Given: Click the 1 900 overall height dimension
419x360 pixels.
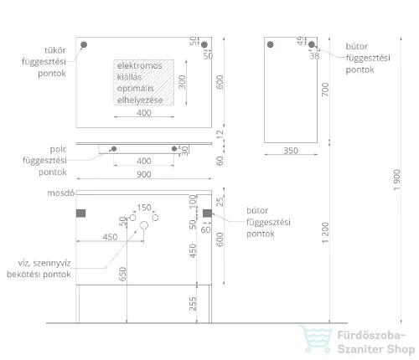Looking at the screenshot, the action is coord(396,180).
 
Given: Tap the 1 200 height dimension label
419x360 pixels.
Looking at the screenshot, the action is coord(325,233).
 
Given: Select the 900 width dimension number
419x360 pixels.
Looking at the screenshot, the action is coord(144,174).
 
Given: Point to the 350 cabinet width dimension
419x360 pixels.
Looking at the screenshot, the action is coord(291,151).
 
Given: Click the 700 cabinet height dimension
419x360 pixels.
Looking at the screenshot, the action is coord(325,90).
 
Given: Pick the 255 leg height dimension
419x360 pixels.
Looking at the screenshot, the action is coord(193,304).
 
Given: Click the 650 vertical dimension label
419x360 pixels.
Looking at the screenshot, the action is coord(122,274).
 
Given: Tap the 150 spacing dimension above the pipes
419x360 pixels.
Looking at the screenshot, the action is coord(144,208).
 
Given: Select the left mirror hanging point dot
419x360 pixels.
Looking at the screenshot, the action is coord(84,44).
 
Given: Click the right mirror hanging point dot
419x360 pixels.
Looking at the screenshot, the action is coord(204,44).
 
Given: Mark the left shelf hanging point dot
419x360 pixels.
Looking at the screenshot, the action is coord(114,149).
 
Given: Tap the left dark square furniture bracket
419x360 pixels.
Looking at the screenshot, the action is coord(80,213).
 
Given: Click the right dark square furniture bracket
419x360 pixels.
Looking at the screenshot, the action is coord(207,213).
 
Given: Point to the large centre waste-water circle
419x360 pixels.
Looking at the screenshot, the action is coord(144,225).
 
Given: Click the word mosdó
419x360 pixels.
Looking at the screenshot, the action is coord(61,193).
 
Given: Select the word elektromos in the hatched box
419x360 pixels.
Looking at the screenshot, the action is coord(139,65).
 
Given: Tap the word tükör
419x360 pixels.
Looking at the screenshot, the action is coord(55,50).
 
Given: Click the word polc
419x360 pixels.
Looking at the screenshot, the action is coord(58,149).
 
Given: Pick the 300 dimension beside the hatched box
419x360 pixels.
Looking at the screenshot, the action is coord(182,82).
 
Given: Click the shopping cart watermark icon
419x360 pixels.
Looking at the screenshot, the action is coord(315,338).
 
